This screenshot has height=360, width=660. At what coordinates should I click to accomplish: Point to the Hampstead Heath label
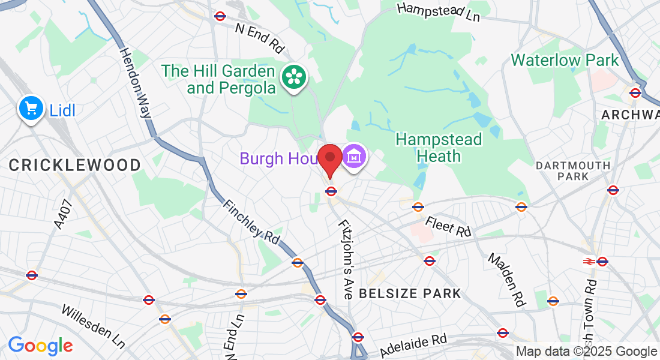[439, 148]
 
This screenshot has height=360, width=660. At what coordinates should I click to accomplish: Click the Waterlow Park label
[565, 61]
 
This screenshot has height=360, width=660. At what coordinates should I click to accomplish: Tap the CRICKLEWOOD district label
[75, 165]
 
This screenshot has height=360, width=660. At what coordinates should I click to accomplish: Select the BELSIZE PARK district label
[410, 293]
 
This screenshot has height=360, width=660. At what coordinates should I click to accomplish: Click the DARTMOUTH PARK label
[573, 170]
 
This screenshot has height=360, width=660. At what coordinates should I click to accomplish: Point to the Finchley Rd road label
[251, 221]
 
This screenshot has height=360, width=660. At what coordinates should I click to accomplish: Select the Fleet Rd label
[449, 226]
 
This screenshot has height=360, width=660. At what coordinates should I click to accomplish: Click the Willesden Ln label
[94, 326]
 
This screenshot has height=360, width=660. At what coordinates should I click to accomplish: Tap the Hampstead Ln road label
[440, 11]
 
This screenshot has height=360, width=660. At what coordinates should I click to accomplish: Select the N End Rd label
[260, 37]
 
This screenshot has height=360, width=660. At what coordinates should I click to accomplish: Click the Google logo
[40, 346]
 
